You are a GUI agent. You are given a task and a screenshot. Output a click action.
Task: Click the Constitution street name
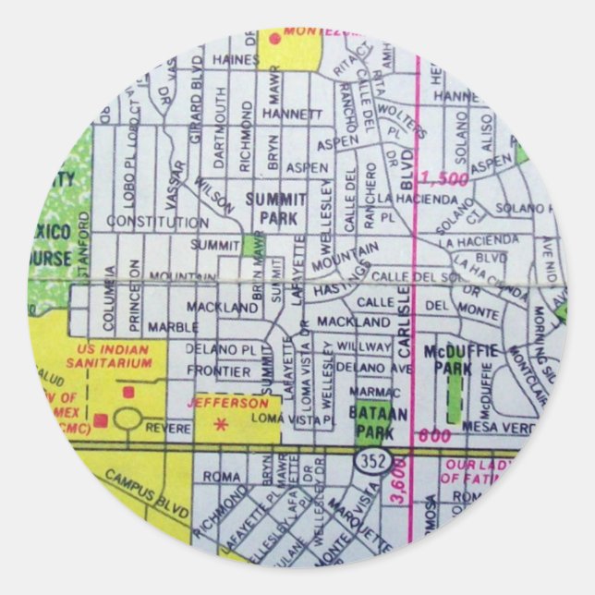click(x=157, y=223)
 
